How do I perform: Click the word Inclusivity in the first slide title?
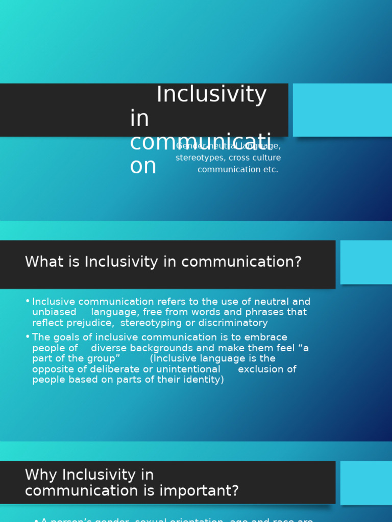pos(211,95)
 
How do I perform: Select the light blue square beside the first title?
pos(342,110)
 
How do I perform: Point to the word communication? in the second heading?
pos(241,262)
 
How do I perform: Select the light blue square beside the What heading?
pos(366,262)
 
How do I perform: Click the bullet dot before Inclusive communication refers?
pos(28,302)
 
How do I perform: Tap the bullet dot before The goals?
pos(28,337)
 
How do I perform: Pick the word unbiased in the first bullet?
pos(54,312)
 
